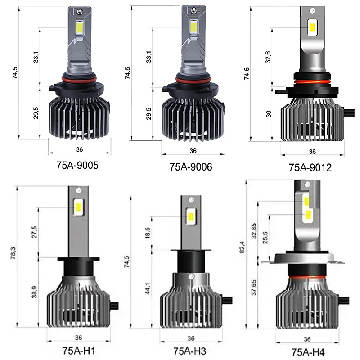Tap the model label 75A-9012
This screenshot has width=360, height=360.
[x=310, y=168]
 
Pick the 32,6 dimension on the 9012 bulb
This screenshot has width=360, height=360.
[x=269, y=57]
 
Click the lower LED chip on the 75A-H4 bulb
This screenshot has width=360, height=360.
[x=308, y=215]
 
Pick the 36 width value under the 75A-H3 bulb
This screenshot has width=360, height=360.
[x=191, y=338]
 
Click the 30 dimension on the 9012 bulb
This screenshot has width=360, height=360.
[x=269, y=113]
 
